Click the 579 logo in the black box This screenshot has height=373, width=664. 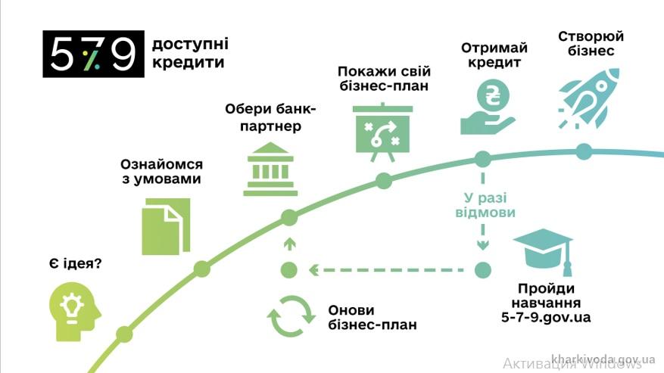pos(93,54)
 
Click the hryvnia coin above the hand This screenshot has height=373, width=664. pos(491,98)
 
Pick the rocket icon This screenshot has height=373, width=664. pos(586,98)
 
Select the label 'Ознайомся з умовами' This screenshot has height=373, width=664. pos(161,171)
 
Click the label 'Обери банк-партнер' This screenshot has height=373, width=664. pos(270,117)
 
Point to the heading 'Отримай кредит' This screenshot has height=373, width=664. pos(494,55)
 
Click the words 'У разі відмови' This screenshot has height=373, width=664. pos(482,204)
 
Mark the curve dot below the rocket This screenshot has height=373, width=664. pos(583,151)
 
